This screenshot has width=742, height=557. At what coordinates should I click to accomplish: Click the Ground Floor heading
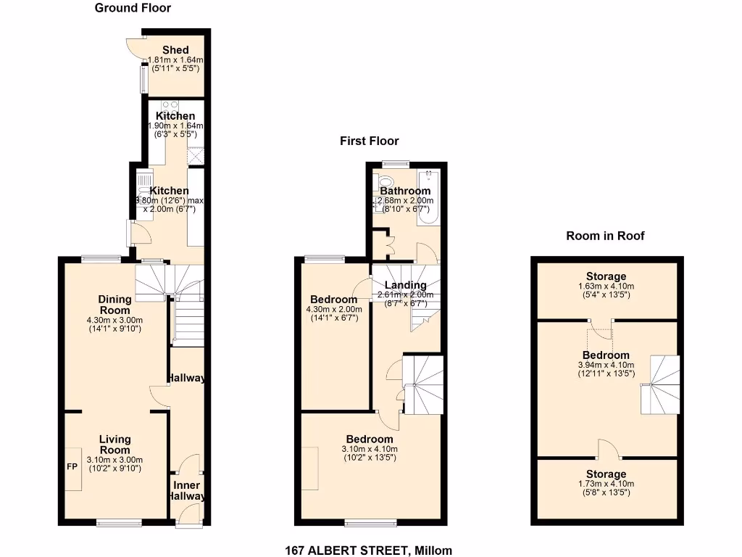point(133,8)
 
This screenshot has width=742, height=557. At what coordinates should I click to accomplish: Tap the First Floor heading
point(370,141)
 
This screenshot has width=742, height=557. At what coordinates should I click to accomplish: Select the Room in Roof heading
point(605,236)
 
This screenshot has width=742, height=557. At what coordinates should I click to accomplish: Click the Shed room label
point(175,50)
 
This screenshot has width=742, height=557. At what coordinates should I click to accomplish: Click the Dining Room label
point(114,305)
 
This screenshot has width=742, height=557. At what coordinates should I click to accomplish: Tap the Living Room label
point(114,445)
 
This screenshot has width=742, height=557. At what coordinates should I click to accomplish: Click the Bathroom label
point(405,191)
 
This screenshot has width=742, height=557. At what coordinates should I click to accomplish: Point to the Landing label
point(405,285)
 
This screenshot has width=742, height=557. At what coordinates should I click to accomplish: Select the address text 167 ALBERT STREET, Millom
point(369,550)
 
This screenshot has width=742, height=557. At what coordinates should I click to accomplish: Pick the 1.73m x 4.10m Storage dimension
point(606,484)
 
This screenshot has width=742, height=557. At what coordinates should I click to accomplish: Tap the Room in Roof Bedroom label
point(606,355)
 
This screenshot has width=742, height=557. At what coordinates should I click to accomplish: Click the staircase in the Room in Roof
point(661,384)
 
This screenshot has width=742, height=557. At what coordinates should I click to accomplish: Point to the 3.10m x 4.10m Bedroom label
point(370,439)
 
